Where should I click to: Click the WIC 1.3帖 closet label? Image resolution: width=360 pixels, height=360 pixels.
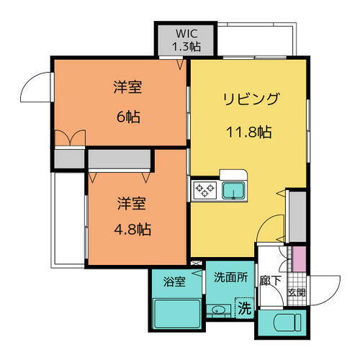pyautogui.click(x=186, y=40)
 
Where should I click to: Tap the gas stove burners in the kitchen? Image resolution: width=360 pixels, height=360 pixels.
pyautogui.click(x=205, y=190)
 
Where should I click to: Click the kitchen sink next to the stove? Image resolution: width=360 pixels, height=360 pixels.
pyautogui.click(x=233, y=191)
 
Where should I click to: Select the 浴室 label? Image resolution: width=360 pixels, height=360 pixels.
pyautogui.click(x=174, y=282)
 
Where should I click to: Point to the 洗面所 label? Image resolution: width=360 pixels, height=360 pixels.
pyautogui.click(x=230, y=276)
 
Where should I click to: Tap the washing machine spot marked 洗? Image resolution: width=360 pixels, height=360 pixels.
pyautogui.click(x=245, y=309)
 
